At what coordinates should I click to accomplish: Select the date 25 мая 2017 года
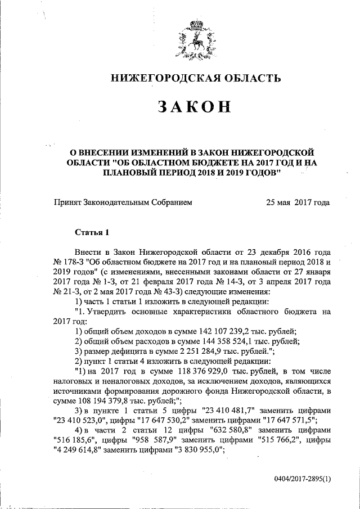point(298,201)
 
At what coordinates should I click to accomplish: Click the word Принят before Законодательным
point(67,201)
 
